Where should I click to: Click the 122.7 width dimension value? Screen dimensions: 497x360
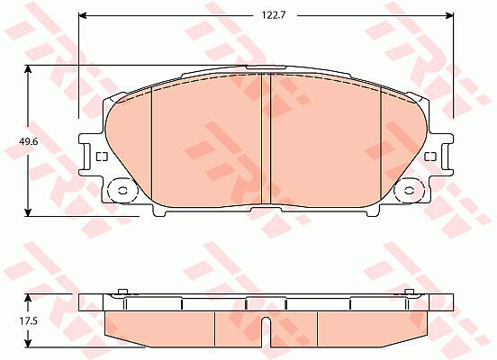pyautogui.click(x=274, y=15)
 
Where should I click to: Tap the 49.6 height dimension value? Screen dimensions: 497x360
pyautogui.click(x=29, y=141)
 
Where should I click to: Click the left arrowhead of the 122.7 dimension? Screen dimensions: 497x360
pyautogui.click(x=83, y=15)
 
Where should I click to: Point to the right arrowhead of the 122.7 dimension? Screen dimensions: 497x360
pyautogui.click(x=449, y=15)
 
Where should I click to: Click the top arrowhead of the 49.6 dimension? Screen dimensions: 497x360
pyautogui.click(x=29, y=69)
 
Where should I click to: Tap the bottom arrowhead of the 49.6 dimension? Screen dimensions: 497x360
pyautogui.click(x=29, y=212)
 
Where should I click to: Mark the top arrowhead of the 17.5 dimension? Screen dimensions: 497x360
pyautogui.click(x=29, y=298)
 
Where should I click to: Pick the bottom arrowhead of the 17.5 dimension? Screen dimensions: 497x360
pyautogui.click(x=29, y=343)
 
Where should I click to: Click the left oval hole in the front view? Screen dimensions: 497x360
pyautogui.click(x=122, y=191)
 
